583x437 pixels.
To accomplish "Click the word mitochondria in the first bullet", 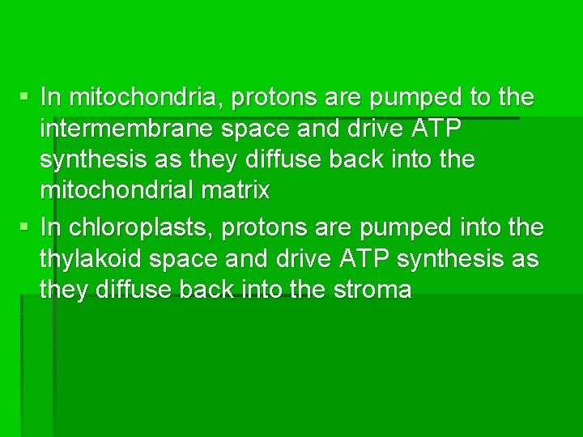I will pyautogui.click(x=145, y=98).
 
